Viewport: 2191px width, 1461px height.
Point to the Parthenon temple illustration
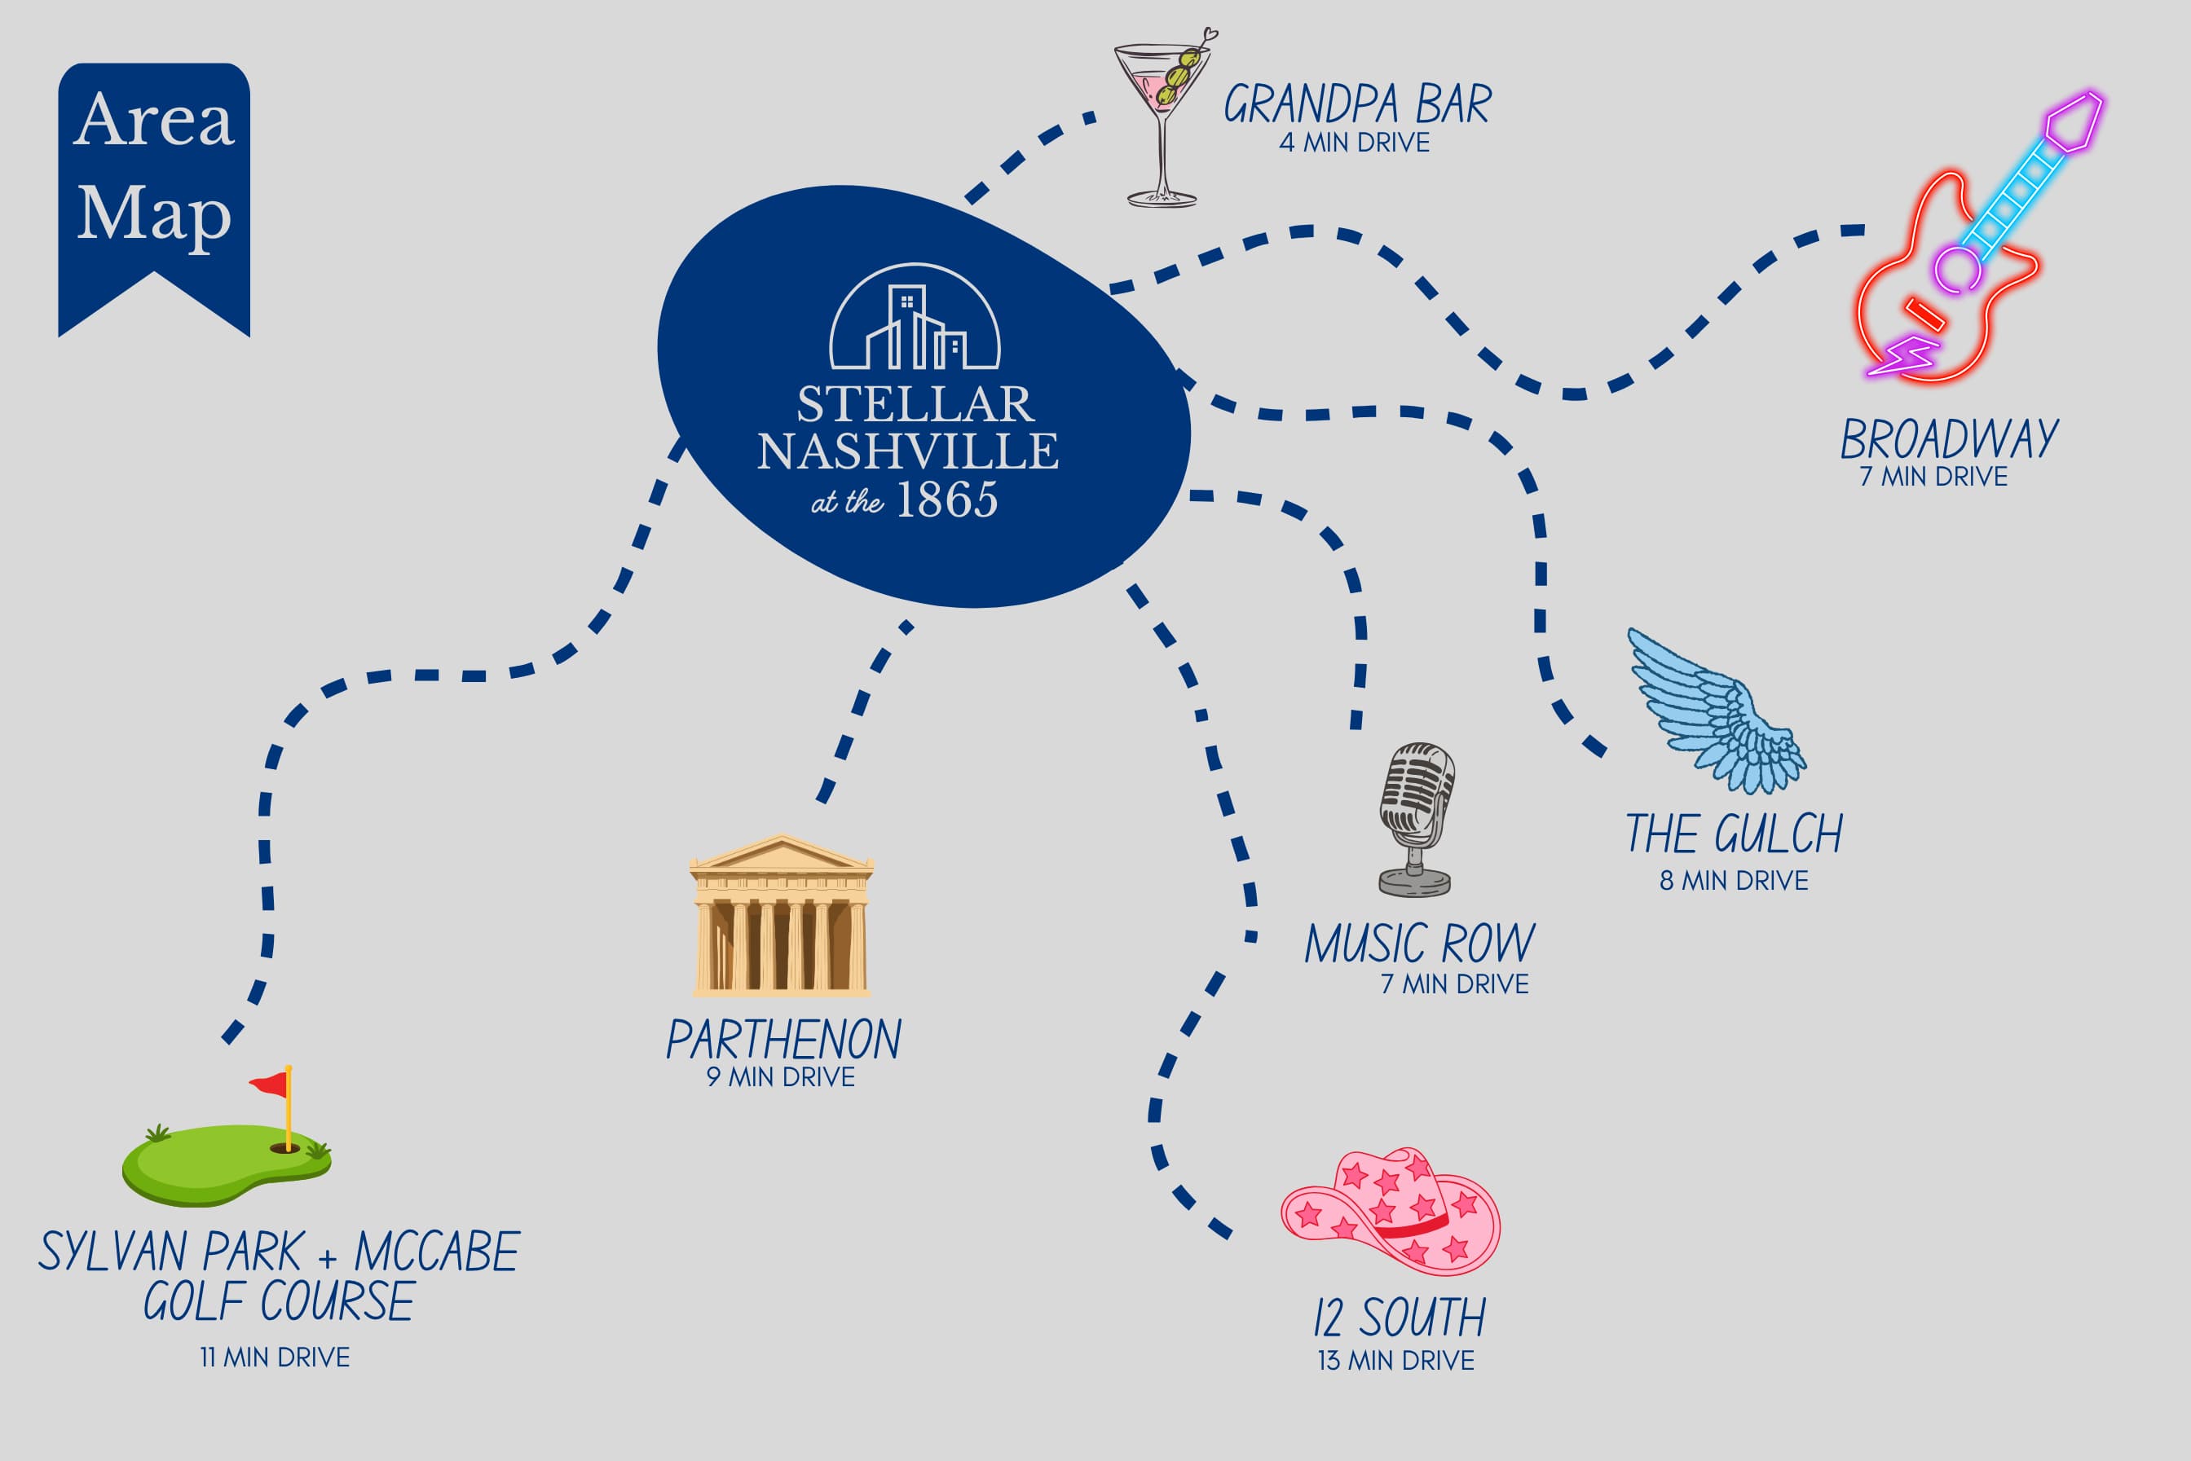[781, 915]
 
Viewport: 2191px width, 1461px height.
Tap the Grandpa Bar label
[1357, 103]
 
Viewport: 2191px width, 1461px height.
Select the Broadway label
[1949, 439]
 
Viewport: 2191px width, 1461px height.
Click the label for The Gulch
[1735, 833]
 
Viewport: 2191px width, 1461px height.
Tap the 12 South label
[1399, 1318]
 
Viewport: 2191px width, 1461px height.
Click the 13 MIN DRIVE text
[1396, 1361]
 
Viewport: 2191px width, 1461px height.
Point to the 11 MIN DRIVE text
[275, 1358]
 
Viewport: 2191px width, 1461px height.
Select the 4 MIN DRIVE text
[1354, 143]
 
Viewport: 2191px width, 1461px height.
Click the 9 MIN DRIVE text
[781, 1077]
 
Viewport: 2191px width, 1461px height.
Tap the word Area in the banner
[154, 121]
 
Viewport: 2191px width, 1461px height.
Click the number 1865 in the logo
[947, 499]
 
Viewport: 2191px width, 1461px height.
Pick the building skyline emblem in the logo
[915, 316]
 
